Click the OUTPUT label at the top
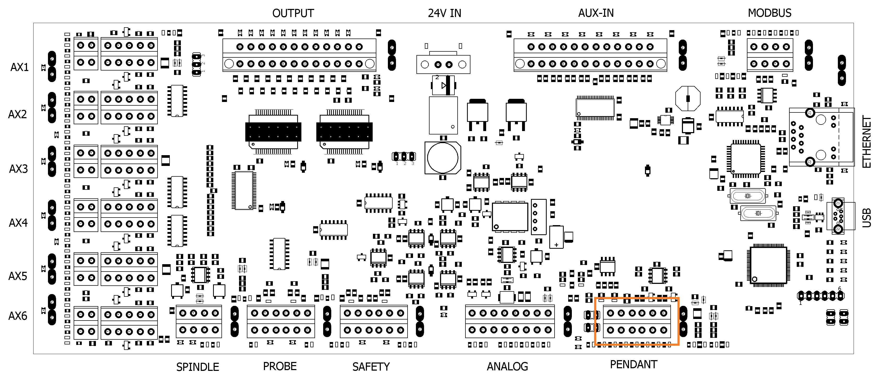click(293, 13)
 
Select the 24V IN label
click(444, 13)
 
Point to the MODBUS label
click(769, 13)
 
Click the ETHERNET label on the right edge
click(867, 142)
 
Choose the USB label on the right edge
click(867, 218)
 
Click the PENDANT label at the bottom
click(633, 364)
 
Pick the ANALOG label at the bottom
click(507, 366)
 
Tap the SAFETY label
click(371, 367)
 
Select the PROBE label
click(279, 366)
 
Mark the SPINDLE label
click(198, 367)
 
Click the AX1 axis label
click(19, 67)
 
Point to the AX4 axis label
click(18, 223)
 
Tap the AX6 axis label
click(18, 316)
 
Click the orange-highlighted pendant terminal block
click(637, 321)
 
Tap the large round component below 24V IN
click(443, 158)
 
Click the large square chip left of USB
click(768, 265)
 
